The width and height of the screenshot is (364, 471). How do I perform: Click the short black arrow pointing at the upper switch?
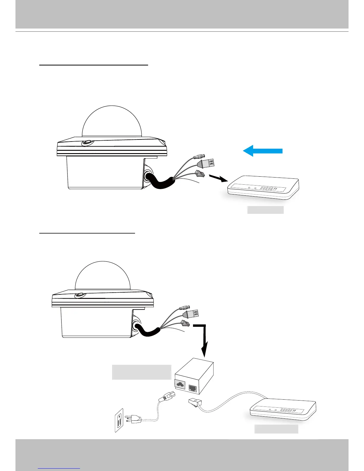pyautogui.click(x=219, y=178)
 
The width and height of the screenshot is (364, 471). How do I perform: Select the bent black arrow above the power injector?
pyautogui.click(x=202, y=339)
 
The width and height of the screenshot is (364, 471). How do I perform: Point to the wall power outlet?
pyautogui.click(x=119, y=420)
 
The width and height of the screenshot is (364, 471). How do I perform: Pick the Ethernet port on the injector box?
pyautogui.click(x=192, y=388)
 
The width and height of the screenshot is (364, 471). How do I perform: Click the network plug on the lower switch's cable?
pyautogui.click(x=195, y=403)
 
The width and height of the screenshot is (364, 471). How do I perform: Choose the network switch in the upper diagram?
pyautogui.click(x=263, y=188)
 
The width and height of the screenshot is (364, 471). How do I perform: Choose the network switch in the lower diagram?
pyautogui.click(x=283, y=410)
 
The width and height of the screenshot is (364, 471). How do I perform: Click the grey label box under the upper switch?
pyautogui.click(x=266, y=210)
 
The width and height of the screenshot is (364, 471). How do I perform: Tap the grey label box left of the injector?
pyautogui.click(x=142, y=372)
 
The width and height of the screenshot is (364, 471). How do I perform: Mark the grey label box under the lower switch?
pyautogui.click(x=276, y=429)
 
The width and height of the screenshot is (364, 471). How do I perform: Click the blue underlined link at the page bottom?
pyautogui.click(x=59, y=468)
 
